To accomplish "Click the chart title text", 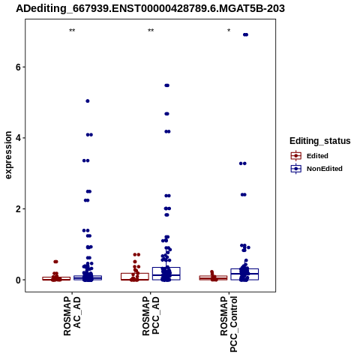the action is click(x=150, y=8).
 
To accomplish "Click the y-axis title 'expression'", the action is click(x=8, y=155).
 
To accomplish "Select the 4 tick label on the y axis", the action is click(x=18, y=138).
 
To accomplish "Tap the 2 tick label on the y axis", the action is click(x=18, y=209).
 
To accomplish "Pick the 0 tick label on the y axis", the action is click(x=18, y=280).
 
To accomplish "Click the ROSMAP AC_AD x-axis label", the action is click(x=72, y=316).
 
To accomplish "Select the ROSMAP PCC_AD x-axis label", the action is click(x=151, y=316).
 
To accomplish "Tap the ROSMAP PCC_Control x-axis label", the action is click(x=229, y=324).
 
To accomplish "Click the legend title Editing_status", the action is click(x=320, y=141).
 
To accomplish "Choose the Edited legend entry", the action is click(x=310, y=156).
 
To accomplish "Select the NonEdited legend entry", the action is click(x=316, y=169).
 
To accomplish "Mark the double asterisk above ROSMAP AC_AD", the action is click(x=72, y=31).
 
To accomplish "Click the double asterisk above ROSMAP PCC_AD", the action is click(x=151, y=31).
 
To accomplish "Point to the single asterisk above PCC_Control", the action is click(x=229, y=31).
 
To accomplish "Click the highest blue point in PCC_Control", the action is click(x=245, y=34).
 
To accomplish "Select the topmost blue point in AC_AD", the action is click(x=88, y=101).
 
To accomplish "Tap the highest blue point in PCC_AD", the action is click(x=166, y=85).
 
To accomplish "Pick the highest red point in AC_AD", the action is click(x=55, y=262).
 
